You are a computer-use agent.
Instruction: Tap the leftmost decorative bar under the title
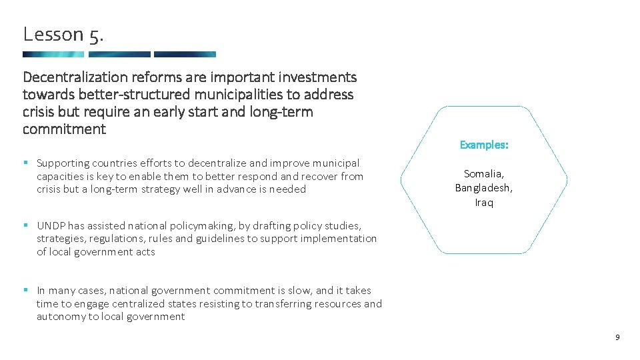53,55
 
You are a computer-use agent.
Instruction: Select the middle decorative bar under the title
119,55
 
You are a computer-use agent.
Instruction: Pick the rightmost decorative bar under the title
185,55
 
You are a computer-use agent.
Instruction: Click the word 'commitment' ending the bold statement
64,129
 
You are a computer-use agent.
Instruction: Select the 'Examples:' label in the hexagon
484,145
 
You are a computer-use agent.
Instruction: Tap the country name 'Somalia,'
484,174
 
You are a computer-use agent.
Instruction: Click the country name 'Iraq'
484,203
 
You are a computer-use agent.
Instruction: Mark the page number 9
617,338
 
